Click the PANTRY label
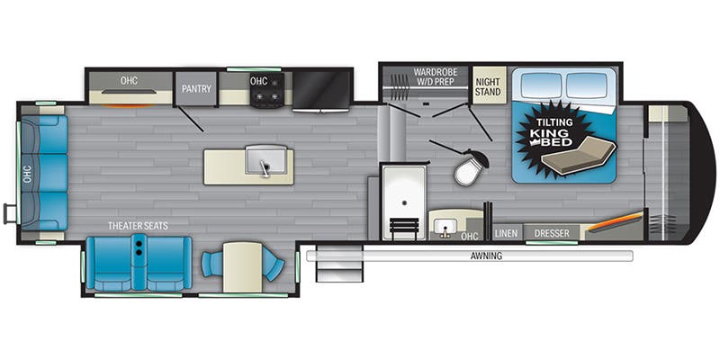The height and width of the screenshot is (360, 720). tap(195, 88)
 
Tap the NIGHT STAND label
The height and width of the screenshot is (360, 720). tap(488, 85)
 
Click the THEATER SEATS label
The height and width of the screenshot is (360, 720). tap(138, 225)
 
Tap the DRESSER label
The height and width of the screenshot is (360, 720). tap(551, 233)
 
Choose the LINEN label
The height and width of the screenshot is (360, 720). tap(505, 233)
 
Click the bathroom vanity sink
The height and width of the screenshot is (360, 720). tap(445, 223)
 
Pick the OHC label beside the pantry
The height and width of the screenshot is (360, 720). tap(130, 82)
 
